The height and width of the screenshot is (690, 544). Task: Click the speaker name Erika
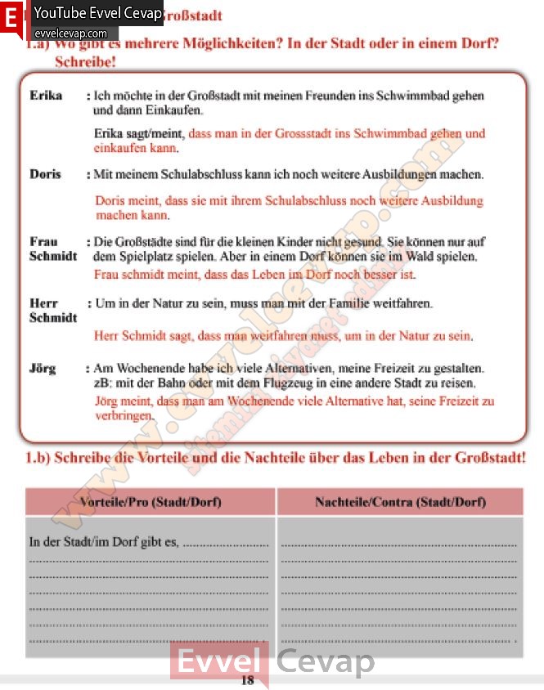46,96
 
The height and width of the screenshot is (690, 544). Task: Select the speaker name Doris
45,174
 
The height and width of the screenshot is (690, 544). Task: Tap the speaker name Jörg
43,369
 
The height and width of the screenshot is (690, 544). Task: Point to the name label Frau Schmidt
52,249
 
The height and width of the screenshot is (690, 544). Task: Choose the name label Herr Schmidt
52,311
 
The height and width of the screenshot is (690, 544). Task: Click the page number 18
248,680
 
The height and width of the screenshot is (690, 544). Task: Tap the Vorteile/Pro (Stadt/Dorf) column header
151,502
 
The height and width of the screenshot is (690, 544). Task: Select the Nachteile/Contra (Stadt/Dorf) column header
400,502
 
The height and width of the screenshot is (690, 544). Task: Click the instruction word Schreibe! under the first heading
85,61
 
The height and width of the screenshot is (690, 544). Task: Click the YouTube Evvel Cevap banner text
98,14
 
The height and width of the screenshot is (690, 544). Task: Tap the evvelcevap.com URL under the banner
70,33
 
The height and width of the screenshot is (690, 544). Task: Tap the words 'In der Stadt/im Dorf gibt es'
104,542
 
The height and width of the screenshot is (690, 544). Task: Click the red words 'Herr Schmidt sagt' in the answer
144,336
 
